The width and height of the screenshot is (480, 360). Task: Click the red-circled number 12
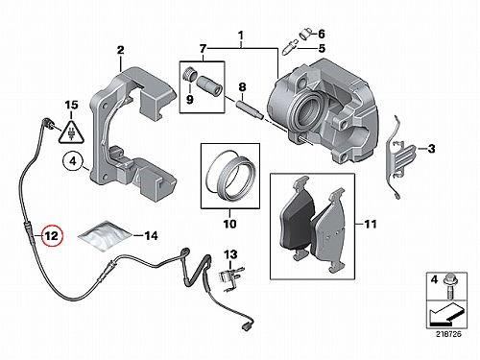(x=52, y=236)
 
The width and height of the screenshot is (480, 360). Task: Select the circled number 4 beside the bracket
(x=73, y=161)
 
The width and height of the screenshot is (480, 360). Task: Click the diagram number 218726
(x=448, y=334)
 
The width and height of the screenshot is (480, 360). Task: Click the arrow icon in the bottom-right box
(x=446, y=314)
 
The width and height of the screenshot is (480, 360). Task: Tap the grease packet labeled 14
(x=106, y=235)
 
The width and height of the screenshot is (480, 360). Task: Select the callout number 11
(x=371, y=224)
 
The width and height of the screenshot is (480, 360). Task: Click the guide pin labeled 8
(x=250, y=109)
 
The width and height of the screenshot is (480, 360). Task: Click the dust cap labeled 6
(x=305, y=33)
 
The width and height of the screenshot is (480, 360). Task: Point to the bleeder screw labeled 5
(x=290, y=47)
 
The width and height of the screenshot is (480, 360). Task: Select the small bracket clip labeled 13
(x=230, y=277)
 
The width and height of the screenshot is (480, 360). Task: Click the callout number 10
(x=229, y=224)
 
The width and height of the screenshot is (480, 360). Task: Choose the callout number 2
(x=120, y=50)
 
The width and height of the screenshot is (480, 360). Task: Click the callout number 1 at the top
(x=241, y=35)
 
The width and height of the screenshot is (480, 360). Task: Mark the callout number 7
(x=204, y=49)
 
